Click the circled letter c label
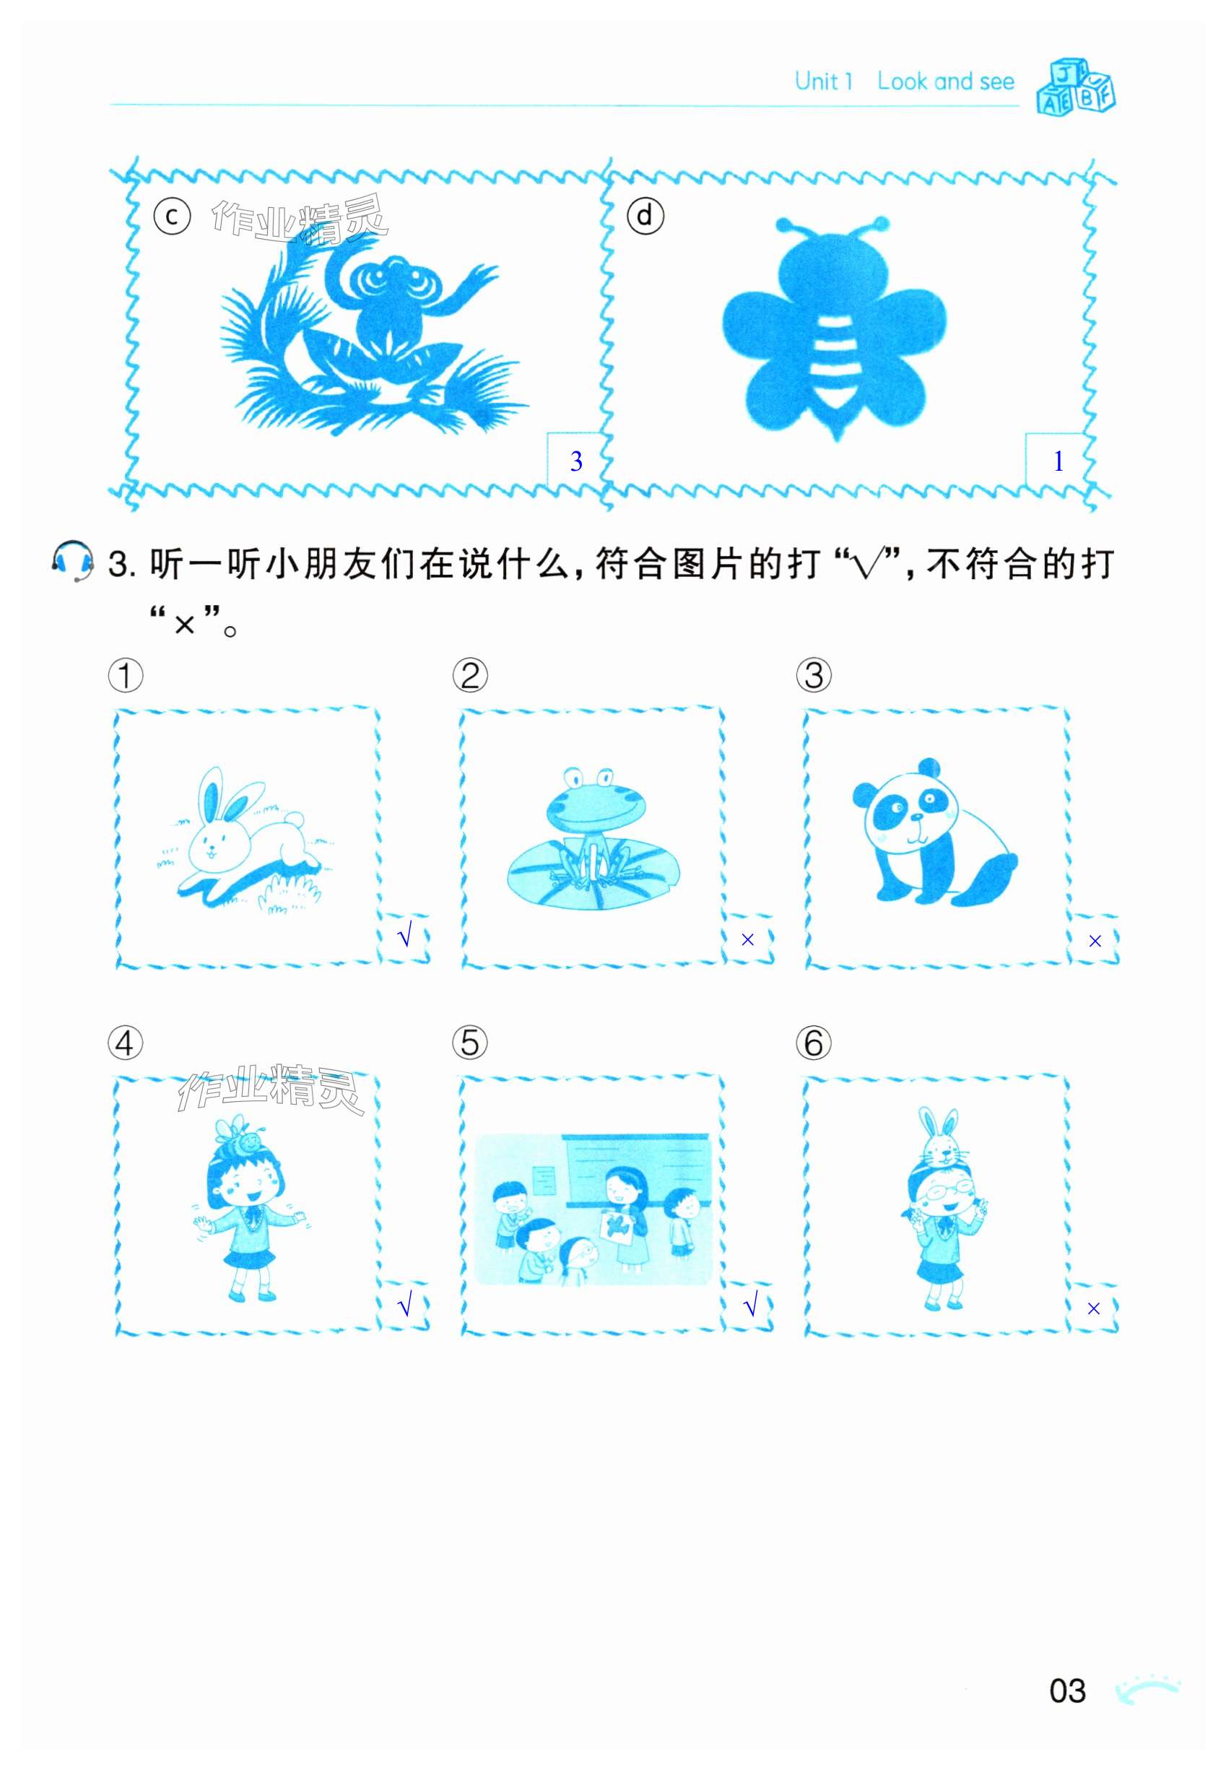click(172, 217)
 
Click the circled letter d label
click(645, 216)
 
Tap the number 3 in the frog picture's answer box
click(576, 461)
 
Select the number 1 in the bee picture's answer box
click(1058, 461)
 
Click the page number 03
click(1068, 1690)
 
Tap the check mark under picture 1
click(405, 936)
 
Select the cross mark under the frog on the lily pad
click(747, 939)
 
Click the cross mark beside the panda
click(1095, 941)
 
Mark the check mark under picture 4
click(405, 1304)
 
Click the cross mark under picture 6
click(1093, 1308)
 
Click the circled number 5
click(469, 1043)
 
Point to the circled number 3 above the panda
click(814, 675)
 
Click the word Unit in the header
click(816, 81)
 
